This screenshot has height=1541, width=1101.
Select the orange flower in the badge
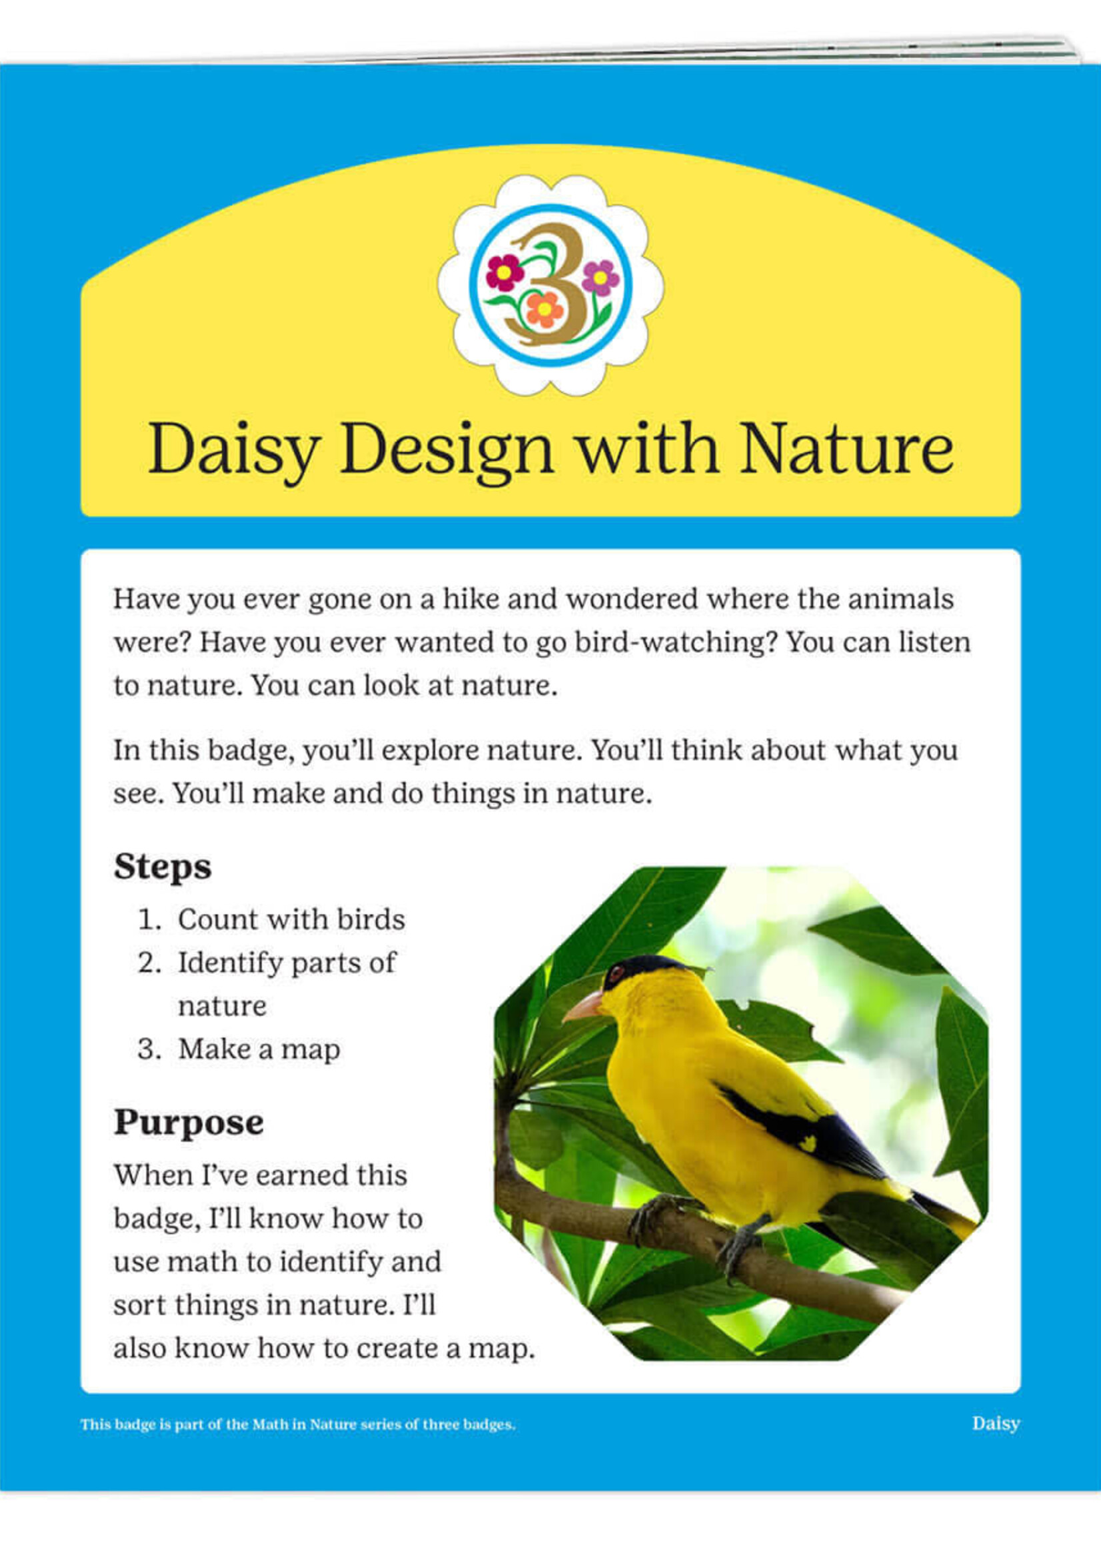point(544,309)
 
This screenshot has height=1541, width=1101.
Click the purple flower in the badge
point(600,277)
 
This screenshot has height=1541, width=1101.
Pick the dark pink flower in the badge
point(505,272)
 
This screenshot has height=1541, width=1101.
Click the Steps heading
point(163,867)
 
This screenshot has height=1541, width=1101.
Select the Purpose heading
point(189,1122)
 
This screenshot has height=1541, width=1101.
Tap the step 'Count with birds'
point(291,919)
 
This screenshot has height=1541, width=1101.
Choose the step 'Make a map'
point(259,1049)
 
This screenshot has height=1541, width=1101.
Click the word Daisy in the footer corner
point(995,1424)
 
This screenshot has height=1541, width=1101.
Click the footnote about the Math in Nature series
point(298,1424)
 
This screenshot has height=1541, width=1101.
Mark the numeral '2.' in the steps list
point(149,963)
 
